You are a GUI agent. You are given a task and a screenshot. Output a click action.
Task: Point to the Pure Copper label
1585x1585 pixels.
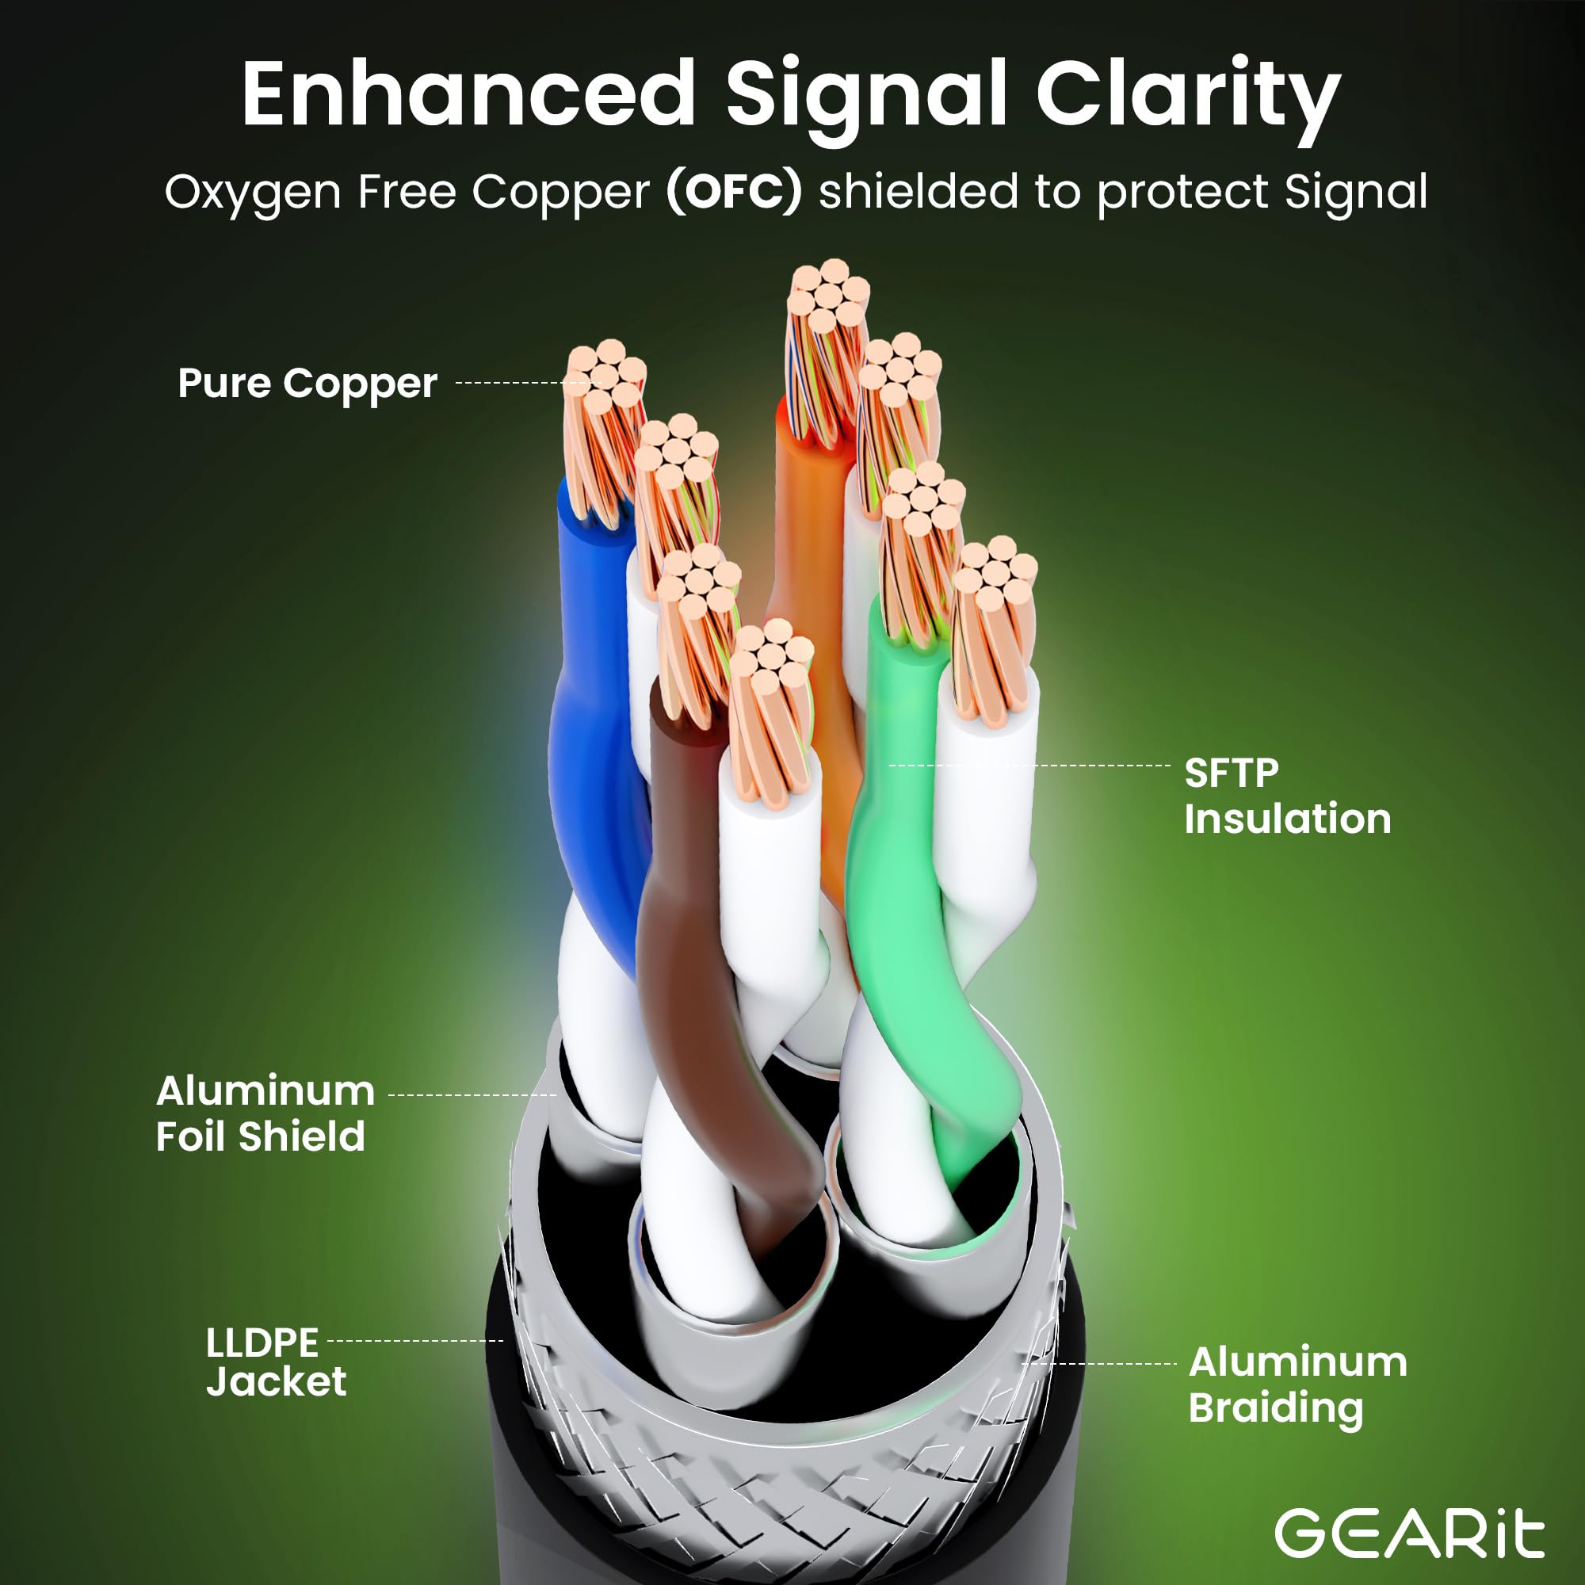(307, 384)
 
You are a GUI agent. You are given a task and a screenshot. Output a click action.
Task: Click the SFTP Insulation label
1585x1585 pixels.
(1287, 796)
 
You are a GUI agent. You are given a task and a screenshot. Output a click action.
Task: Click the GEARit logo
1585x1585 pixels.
(1409, 1531)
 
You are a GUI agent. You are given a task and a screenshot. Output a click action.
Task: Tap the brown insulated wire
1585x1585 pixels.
(681, 943)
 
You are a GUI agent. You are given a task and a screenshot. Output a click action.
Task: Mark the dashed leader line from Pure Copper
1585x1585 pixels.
(509, 383)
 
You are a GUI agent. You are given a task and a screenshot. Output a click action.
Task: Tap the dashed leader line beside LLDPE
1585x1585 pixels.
(414, 1342)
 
